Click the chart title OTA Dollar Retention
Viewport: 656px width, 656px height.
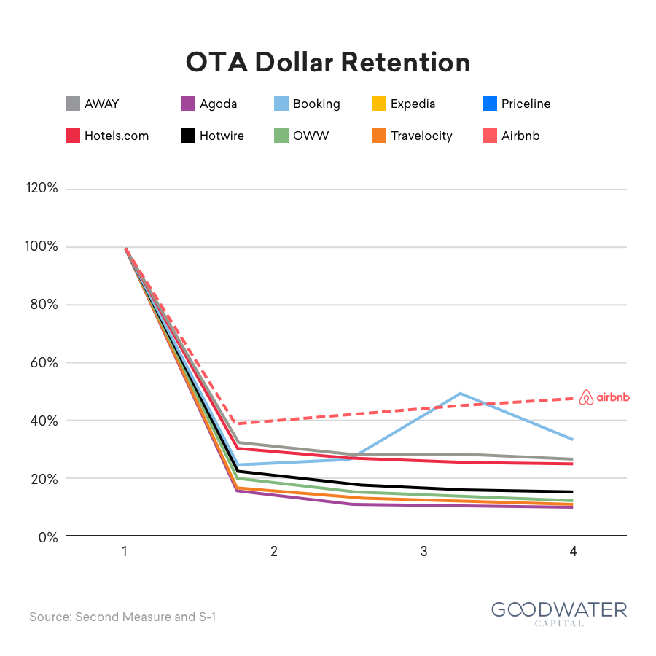(328, 63)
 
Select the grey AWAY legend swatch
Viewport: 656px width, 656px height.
(73, 104)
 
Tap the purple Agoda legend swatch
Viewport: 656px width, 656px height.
(188, 104)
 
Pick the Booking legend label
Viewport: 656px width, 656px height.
(316, 104)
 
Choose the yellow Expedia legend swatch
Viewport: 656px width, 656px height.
(379, 104)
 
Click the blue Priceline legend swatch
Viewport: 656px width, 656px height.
(490, 104)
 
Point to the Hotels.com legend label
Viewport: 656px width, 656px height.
(117, 136)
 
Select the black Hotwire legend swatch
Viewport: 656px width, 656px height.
(188, 136)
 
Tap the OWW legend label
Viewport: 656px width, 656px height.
(311, 136)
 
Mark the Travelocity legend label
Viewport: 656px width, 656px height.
(422, 136)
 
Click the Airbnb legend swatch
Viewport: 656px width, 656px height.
(490, 136)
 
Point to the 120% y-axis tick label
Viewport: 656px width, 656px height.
(42, 188)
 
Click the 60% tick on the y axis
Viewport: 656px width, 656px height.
(44, 363)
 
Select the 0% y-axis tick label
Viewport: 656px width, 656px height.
(48, 537)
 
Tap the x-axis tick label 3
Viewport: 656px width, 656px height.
(423, 552)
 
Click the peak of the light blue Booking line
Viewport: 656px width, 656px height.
(460, 394)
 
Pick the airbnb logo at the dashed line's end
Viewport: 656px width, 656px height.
(604, 397)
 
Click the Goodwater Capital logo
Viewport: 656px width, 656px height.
(559, 614)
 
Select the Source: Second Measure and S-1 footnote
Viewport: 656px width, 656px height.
(122, 617)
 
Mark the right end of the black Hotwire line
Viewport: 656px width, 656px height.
(572, 491)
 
